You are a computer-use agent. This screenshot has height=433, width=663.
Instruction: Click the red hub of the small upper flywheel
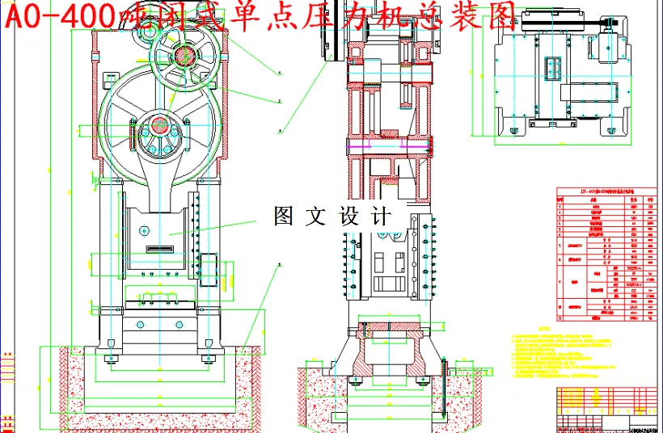pyautogui.click(x=183, y=56)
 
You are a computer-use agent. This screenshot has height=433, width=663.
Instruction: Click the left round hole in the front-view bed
pyautogui.click(x=139, y=324)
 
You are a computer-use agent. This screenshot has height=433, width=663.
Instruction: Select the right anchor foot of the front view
pyautogui.click(x=213, y=354)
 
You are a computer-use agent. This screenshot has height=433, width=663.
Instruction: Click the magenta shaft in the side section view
pyautogui.click(x=388, y=146)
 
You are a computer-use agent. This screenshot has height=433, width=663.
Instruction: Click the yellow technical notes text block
pyautogui.click(x=566, y=355)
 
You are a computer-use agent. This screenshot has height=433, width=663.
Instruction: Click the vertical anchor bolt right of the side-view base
pyautogui.click(x=444, y=389)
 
